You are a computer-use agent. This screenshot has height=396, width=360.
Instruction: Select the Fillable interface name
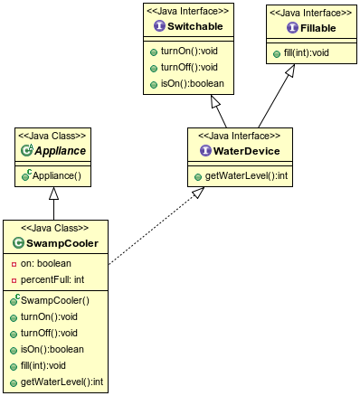pos(310,27)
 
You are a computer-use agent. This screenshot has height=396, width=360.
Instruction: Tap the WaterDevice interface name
pos(239,149)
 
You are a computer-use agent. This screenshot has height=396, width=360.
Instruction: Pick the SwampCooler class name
pos(62,242)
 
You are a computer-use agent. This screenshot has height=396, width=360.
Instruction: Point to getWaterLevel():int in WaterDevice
pos(241,174)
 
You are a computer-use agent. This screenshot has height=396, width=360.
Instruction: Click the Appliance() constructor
pos(56,174)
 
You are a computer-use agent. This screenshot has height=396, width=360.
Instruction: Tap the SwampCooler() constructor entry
pos(56,299)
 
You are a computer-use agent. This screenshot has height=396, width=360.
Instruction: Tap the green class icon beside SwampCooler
pos(19,242)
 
